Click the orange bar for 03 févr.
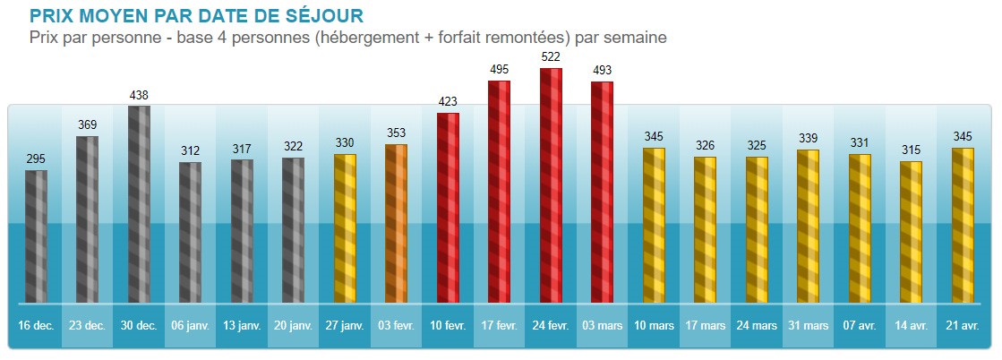[x=396, y=223]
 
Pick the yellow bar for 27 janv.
[x=345, y=228]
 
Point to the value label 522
[x=551, y=56]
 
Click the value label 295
[x=36, y=159]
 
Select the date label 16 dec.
[x=36, y=326]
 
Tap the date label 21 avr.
[x=963, y=326]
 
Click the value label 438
[x=139, y=94]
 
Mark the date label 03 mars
[x=602, y=326]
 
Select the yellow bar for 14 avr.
[x=911, y=232]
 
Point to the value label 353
[x=396, y=133]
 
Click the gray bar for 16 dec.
[x=36, y=236]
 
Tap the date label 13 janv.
[x=242, y=326]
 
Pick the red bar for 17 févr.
[x=499, y=192]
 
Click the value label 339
[x=808, y=138]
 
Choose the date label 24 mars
[x=757, y=326]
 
